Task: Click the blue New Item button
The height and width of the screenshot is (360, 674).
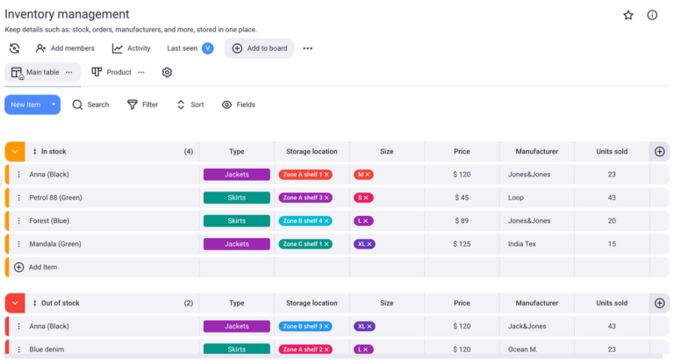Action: pos(25,104)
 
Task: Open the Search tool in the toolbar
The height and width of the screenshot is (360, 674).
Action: pos(90,104)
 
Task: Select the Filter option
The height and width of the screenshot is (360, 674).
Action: pos(142,104)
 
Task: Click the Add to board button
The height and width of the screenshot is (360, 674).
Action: pos(259,48)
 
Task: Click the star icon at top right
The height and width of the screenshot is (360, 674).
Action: pos(628,15)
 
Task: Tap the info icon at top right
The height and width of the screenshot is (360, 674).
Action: pos(652,15)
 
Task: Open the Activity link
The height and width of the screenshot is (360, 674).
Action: pos(131,48)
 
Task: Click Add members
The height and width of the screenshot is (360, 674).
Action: pos(65,48)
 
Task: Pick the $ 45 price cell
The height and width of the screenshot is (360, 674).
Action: pos(461,198)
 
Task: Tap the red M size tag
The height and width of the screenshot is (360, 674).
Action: pos(363,175)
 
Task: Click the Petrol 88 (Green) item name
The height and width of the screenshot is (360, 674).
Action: pos(55,198)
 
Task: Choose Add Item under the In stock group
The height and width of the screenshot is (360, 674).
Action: pos(42,267)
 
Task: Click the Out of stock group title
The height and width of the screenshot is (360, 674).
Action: pos(60,303)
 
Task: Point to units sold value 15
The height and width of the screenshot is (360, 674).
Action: pos(612,243)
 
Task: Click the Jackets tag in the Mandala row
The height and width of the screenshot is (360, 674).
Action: pos(236,243)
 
